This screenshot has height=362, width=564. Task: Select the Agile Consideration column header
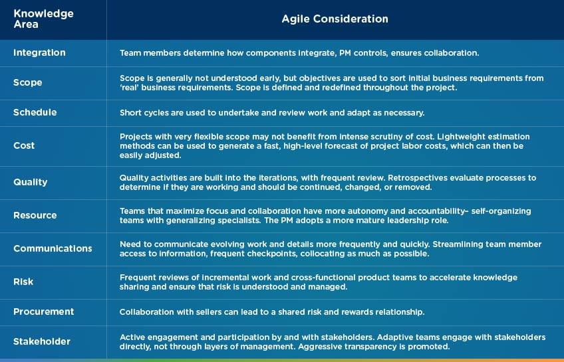coord(335,19)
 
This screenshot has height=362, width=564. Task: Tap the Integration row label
coord(39,52)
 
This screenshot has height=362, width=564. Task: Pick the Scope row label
coord(27,82)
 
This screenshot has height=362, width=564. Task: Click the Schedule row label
coord(35,112)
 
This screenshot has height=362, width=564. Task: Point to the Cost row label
coord(24,145)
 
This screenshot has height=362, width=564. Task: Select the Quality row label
coord(30,182)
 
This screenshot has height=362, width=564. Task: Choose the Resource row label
coord(35,215)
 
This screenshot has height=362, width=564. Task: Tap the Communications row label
coord(53,248)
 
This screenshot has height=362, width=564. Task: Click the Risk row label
coord(23,282)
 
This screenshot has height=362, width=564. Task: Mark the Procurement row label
coord(43,312)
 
